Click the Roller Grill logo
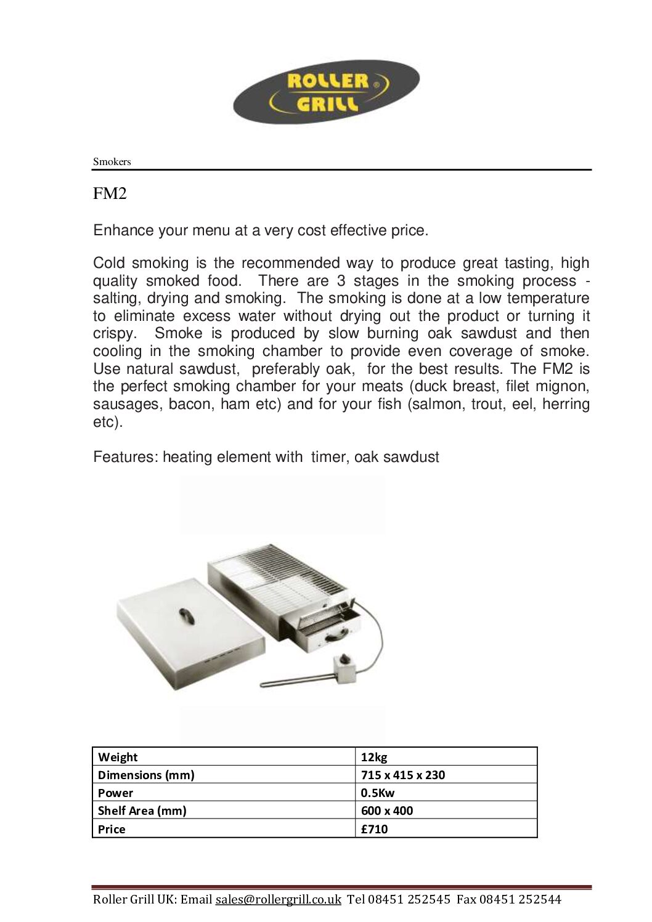tap(326, 91)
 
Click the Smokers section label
tap(112, 161)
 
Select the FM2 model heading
tap(110, 193)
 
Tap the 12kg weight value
tap(374, 757)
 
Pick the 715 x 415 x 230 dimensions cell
tap(402, 775)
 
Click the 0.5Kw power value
tap(377, 793)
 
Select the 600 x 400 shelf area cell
tap(387, 811)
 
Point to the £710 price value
tap(374, 829)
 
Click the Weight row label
tap(118, 757)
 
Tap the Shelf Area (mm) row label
tap(142, 811)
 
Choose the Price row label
tap(112, 829)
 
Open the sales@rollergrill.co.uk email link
tap(278, 899)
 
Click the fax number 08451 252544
tap(520, 899)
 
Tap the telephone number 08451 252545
tap(409, 899)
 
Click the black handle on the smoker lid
tap(185, 615)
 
